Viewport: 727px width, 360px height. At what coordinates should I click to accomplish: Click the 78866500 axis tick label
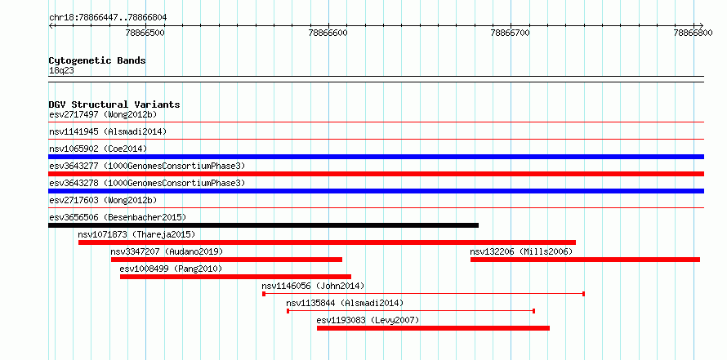tap(146, 33)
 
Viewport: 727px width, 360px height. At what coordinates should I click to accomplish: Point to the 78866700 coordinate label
tap(511, 33)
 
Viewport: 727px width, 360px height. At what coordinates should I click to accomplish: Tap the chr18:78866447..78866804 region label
tap(108, 18)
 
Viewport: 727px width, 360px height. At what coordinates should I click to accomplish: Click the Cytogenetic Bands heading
tap(97, 60)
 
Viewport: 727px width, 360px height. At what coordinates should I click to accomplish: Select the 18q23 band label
tap(61, 70)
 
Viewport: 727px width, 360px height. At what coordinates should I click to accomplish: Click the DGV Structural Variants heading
tap(114, 104)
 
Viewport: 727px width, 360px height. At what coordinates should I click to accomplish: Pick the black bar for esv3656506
tap(263, 225)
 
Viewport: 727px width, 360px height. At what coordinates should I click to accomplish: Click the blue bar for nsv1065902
tap(376, 157)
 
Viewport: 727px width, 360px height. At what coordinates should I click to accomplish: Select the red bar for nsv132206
tap(585, 260)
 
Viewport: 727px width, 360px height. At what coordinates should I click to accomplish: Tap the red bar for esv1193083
tap(433, 328)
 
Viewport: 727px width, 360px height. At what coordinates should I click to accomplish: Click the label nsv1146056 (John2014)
tap(313, 286)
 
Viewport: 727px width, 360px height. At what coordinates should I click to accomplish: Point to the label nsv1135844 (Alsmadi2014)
tap(345, 303)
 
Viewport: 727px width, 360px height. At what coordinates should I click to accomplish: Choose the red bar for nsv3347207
tap(227, 260)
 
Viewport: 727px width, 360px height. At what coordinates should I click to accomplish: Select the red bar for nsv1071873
tap(327, 242)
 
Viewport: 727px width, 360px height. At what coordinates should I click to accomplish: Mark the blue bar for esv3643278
tap(376, 191)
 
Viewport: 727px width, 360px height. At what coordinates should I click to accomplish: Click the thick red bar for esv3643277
tap(376, 174)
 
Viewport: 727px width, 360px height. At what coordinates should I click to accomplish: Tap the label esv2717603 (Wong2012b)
tap(103, 200)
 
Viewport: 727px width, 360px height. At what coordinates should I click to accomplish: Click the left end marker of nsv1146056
tap(264, 294)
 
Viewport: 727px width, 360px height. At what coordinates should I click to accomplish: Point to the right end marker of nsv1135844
tap(533, 311)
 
